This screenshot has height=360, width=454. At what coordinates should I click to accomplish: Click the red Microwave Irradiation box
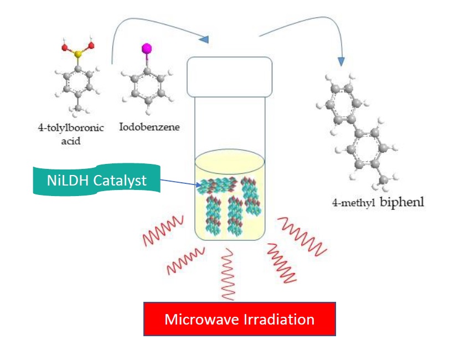click(x=239, y=319)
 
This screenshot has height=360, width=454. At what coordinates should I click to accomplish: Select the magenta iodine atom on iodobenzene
click(x=147, y=49)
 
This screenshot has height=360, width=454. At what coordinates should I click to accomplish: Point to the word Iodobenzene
click(x=149, y=127)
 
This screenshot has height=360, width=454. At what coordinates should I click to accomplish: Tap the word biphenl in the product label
click(x=401, y=202)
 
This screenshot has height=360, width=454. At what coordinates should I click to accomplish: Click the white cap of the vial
click(x=229, y=76)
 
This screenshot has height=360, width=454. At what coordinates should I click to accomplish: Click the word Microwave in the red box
click(x=201, y=320)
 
